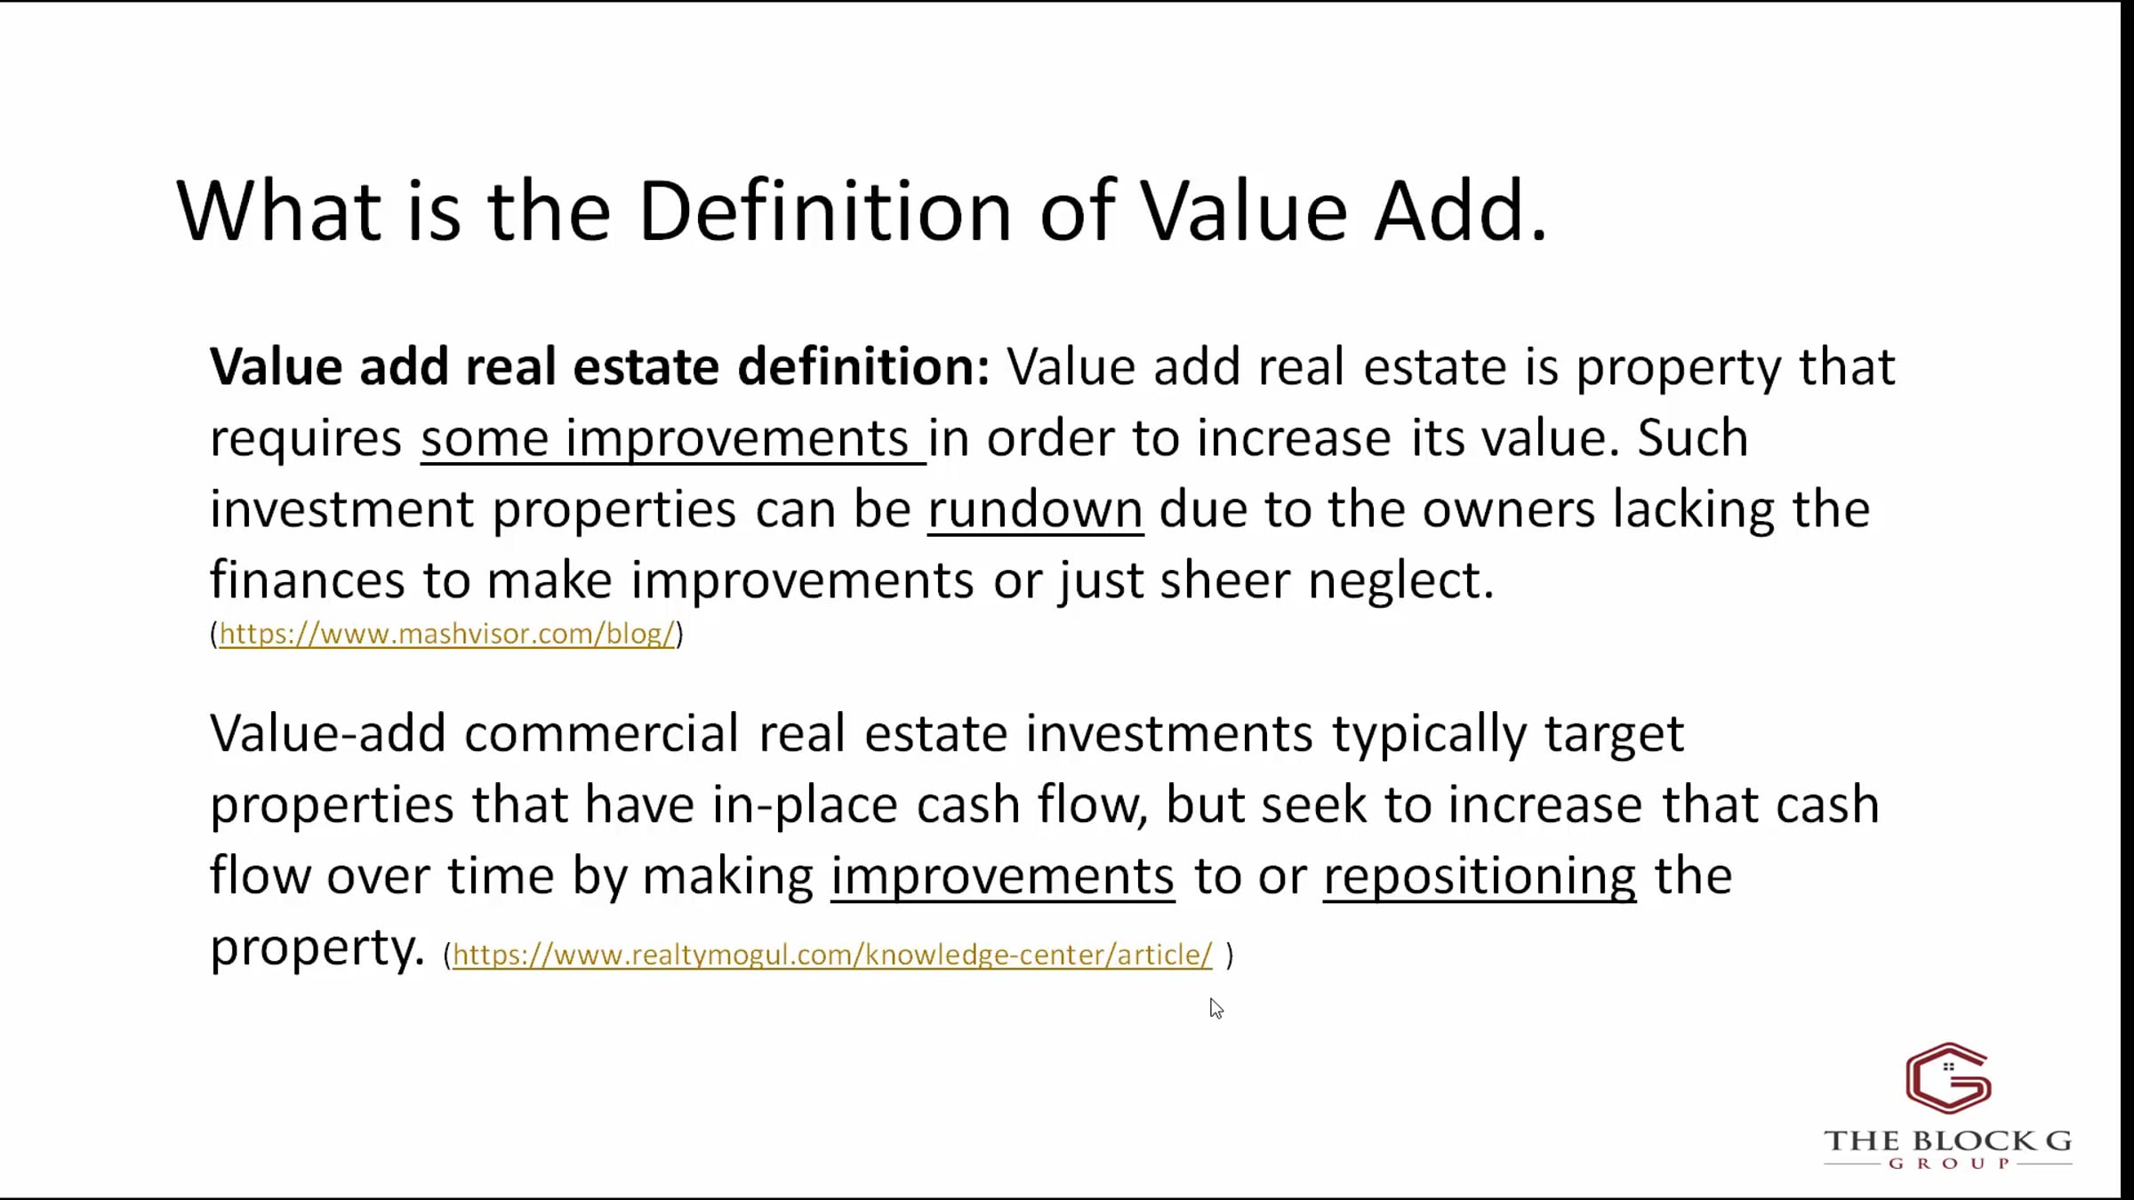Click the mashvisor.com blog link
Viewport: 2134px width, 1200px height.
pyautogui.click(x=447, y=634)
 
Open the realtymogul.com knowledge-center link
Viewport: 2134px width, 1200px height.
pyautogui.click(x=832, y=955)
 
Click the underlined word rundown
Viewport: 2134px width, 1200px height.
pyautogui.click(x=1035, y=510)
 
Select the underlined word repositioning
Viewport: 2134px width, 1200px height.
pyautogui.click(x=1480, y=877)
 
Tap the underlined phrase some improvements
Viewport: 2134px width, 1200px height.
pyautogui.click(x=673, y=439)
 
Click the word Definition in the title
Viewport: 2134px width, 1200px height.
pyautogui.click(x=825, y=211)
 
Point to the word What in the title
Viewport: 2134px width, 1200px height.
pyautogui.click(x=279, y=211)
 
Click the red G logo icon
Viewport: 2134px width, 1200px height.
pyautogui.click(x=1948, y=1078)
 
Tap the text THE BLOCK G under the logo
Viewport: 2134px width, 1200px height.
pyautogui.click(x=1948, y=1140)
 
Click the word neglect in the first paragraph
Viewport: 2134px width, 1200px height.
pyautogui.click(x=1400, y=581)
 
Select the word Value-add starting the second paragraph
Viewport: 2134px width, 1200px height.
pyautogui.click(x=327, y=734)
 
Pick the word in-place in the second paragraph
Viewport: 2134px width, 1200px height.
pyautogui.click(x=805, y=805)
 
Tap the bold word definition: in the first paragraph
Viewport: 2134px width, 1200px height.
pyautogui.click(x=863, y=366)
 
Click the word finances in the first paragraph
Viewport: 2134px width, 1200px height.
pyautogui.click(x=308, y=580)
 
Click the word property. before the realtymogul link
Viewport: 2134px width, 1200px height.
pyautogui.click(x=317, y=948)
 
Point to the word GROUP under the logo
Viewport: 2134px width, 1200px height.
pyautogui.click(x=1948, y=1164)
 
